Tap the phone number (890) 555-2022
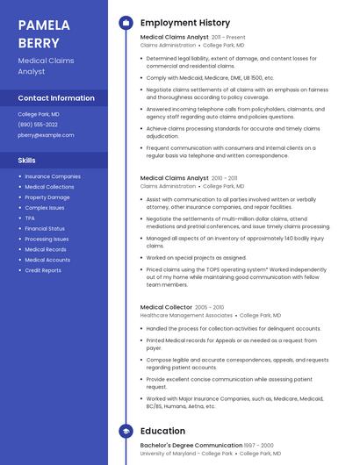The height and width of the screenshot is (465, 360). [38, 125]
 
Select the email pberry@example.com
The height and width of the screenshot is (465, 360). [46, 135]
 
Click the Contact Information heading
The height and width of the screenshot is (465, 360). [56, 98]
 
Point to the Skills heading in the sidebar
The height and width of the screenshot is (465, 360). [27, 161]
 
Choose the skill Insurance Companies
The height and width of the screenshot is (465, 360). [52, 176]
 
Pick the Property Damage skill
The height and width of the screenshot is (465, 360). [47, 197]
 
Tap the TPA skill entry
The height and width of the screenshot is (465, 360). [30, 218]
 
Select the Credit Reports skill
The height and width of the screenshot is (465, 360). [43, 270]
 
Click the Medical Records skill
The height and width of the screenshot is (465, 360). [46, 249]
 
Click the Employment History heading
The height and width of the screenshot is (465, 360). [185, 23]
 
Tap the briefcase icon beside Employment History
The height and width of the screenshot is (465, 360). [126, 23]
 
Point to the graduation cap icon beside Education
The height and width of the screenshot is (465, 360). [126, 431]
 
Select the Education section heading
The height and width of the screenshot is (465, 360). [162, 431]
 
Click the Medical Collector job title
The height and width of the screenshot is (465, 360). [166, 307]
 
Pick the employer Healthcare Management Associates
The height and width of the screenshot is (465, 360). [186, 315]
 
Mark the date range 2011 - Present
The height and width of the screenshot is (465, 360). [228, 38]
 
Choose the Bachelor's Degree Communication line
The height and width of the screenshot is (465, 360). [191, 446]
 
